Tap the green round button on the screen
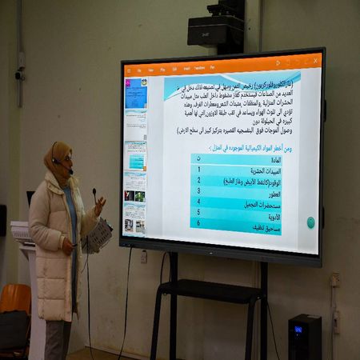coord(310,222)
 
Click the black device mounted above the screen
coord(215,30)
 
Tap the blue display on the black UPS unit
coord(298,328)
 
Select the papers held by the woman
coord(99,234)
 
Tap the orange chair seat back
coord(14,298)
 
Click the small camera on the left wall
coord(19,75)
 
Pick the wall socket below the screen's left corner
coord(144,256)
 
